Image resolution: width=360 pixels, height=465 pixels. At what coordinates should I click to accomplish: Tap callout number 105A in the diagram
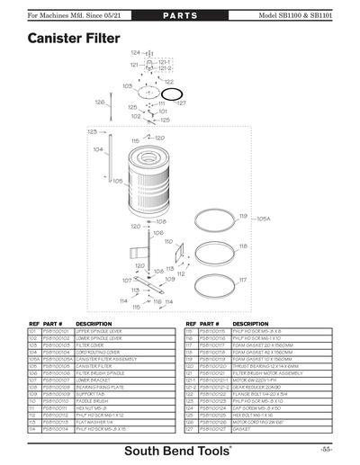tap(264, 219)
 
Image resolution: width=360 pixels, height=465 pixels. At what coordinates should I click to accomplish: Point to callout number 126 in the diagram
tap(98, 102)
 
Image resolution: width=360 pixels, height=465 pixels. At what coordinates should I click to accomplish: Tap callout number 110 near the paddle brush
tap(167, 242)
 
